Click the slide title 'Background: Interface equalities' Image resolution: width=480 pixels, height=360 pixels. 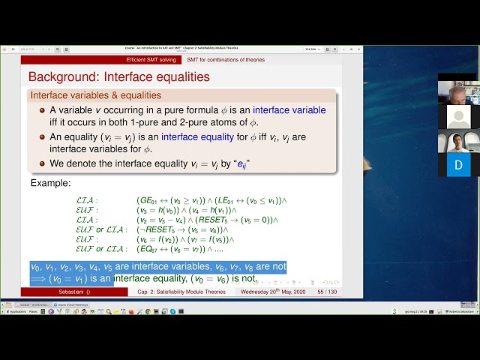click(x=118, y=76)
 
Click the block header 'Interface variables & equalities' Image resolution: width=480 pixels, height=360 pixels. click(x=95, y=95)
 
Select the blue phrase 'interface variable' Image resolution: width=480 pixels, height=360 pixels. click(x=289, y=110)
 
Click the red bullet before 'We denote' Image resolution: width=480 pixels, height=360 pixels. click(x=42, y=163)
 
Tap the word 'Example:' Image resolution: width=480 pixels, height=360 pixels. click(x=51, y=183)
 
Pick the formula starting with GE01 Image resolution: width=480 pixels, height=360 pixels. click(x=211, y=200)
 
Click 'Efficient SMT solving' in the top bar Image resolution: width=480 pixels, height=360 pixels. click(x=151, y=59)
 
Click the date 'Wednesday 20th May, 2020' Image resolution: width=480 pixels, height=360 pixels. click(x=272, y=291)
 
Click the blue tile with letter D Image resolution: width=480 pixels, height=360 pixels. click(x=458, y=164)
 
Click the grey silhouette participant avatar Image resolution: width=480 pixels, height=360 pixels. click(x=458, y=117)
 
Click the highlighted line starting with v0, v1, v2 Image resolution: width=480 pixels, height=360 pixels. click(x=157, y=267)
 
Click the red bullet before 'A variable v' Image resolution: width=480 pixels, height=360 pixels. click(x=42, y=110)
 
